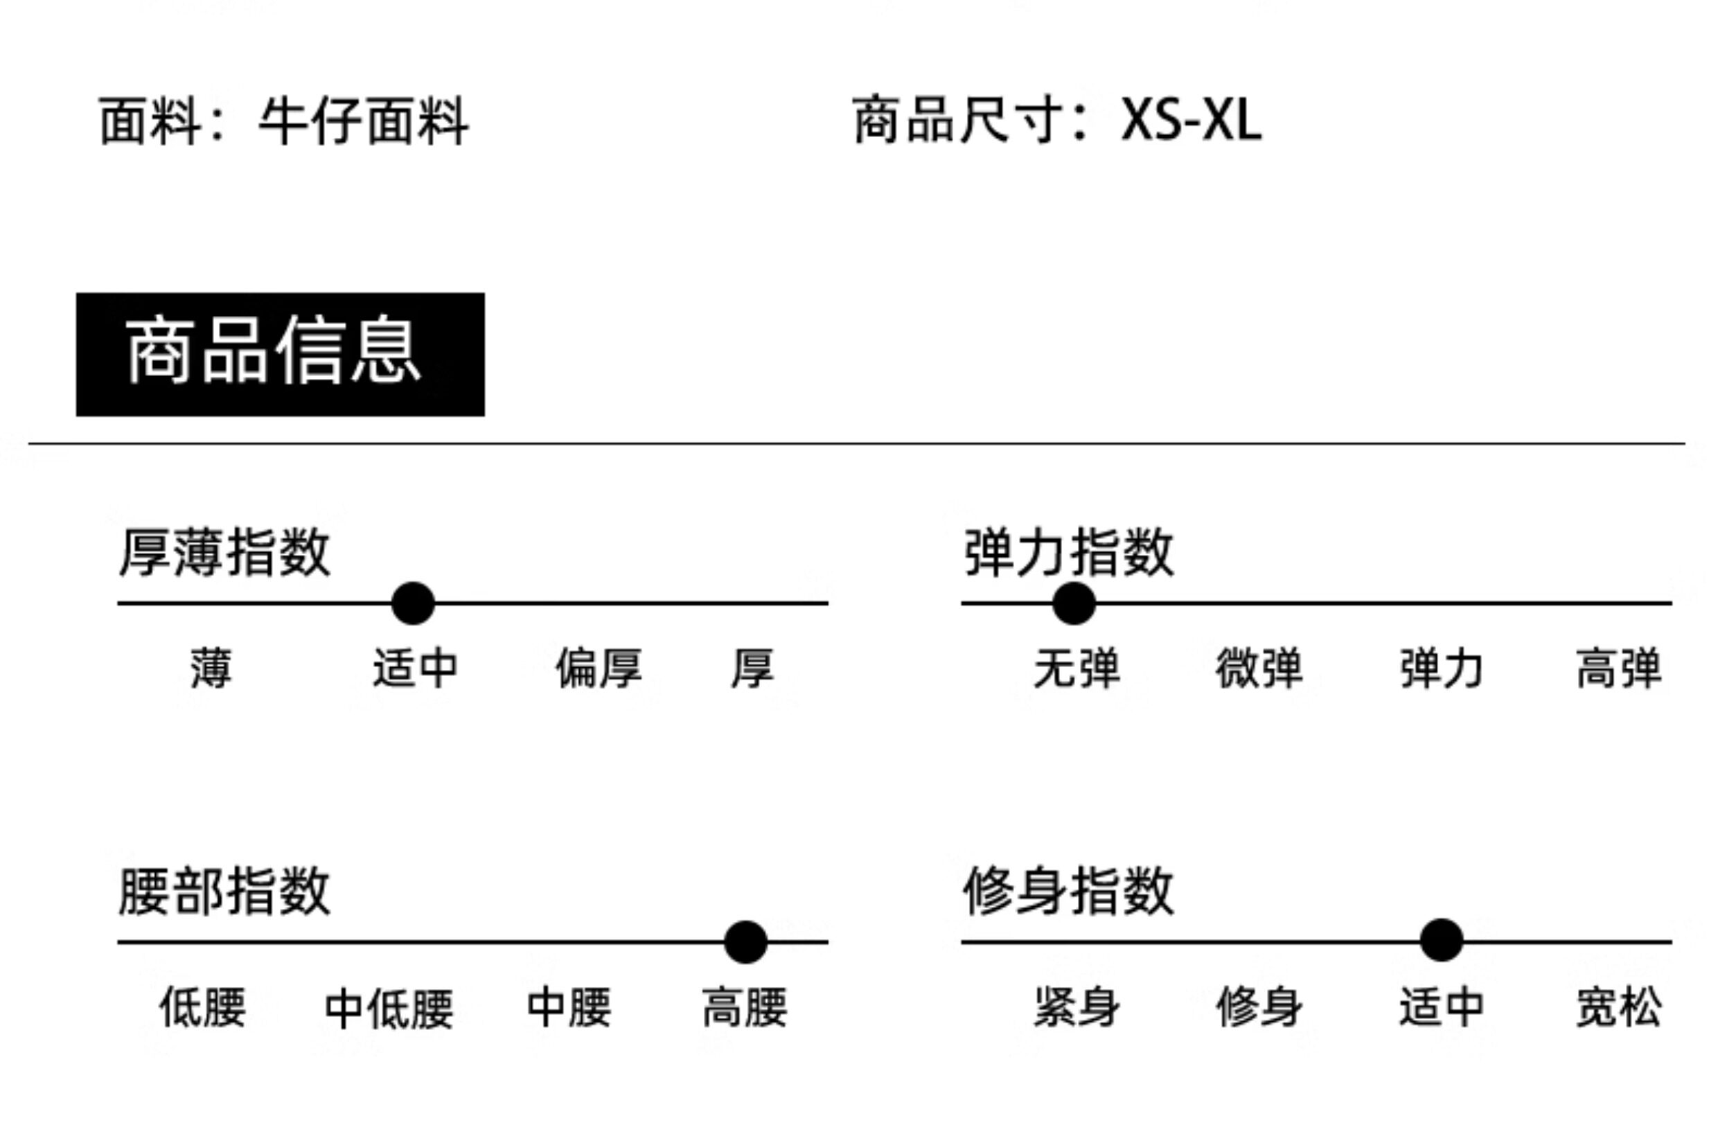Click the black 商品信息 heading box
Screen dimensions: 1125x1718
pos(280,354)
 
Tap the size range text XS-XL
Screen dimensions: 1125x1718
pos(1191,120)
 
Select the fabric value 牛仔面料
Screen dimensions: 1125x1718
pos(364,121)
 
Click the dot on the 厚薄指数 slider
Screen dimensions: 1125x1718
pos(413,603)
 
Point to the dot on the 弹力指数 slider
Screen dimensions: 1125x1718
pos(1073,603)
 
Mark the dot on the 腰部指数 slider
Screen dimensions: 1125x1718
pos(745,941)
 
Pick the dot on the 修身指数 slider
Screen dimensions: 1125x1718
pos(1441,940)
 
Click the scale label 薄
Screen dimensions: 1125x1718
pos(211,668)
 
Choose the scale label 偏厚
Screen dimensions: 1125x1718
pos(599,668)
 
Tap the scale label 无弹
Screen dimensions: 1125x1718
pos(1077,668)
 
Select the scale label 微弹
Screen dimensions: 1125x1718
pos(1259,668)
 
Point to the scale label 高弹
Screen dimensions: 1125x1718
pos(1618,668)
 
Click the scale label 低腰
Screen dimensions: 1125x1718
pos(203,1007)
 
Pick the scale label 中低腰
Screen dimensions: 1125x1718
pos(389,1009)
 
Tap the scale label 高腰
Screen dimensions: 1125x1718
pos(744,1007)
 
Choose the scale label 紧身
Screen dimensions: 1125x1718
pos(1077,1007)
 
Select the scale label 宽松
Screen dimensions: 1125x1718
pos(1618,1007)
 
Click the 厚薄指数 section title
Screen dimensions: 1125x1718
pos(224,553)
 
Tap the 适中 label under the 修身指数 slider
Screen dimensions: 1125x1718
pos(1441,1007)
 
